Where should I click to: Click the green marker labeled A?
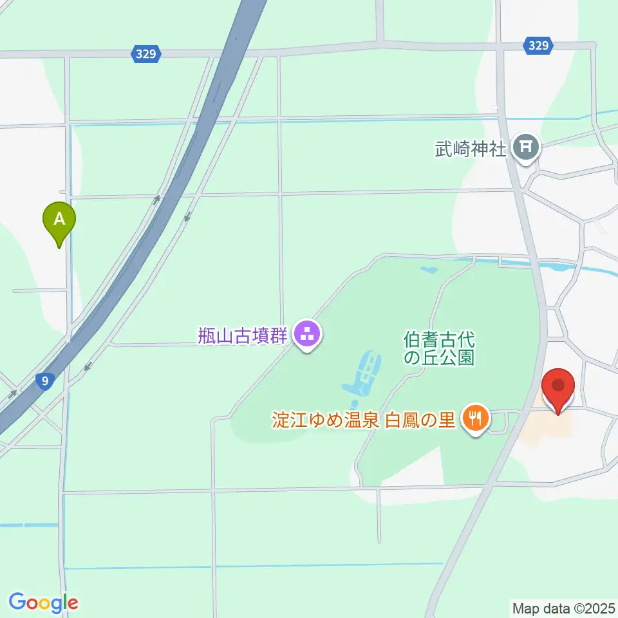tap(59, 221)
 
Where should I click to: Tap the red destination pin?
tap(558, 388)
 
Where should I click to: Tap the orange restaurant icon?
tap(476, 420)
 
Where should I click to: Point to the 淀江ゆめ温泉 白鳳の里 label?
tap(364, 421)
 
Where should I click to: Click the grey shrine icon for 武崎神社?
tap(527, 149)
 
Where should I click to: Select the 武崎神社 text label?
tap(472, 149)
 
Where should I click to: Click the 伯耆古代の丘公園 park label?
tap(439, 348)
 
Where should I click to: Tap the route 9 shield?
tap(44, 381)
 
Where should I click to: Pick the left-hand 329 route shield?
tap(146, 54)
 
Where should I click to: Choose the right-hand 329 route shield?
tap(536, 45)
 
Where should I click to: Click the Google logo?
tap(43, 603)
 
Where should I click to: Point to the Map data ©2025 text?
tap(563, 607)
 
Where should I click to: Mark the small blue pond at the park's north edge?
tap(426, 270)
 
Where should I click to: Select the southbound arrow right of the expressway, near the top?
tap(187, 217)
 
